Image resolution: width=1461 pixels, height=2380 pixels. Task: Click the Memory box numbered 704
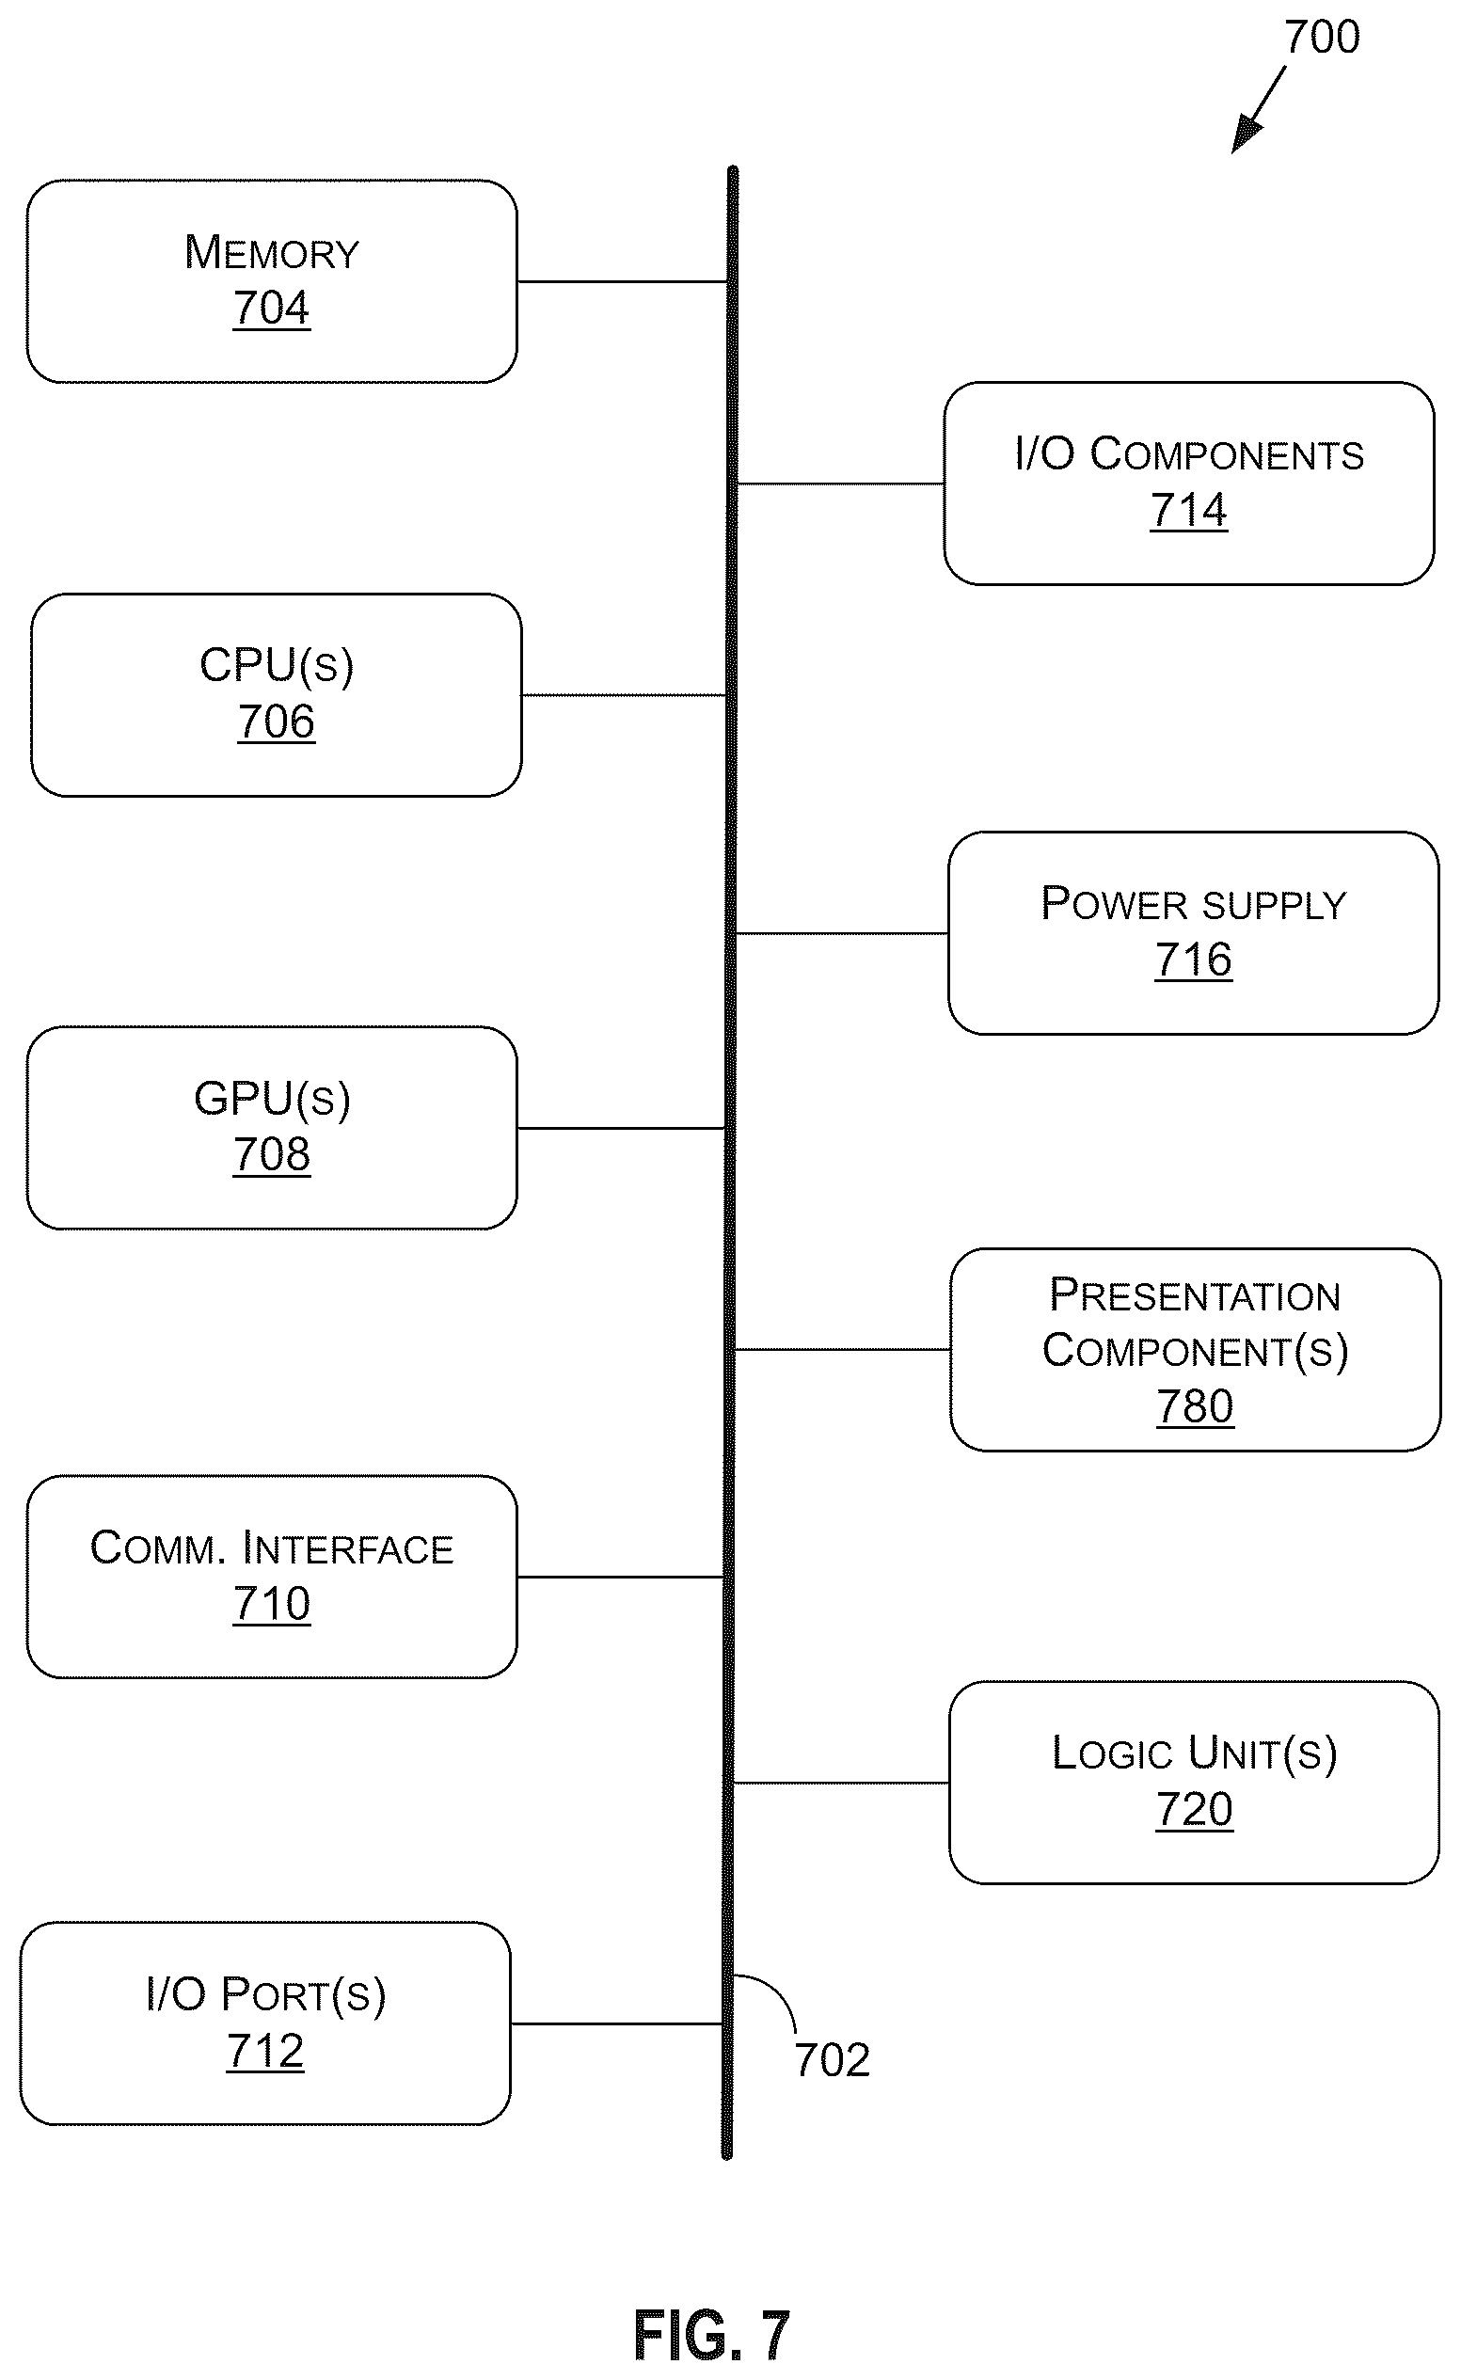click(272, 281)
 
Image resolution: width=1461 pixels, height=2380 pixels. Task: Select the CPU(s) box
click(277, 695)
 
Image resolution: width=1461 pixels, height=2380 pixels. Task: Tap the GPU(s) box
click(272, 1128)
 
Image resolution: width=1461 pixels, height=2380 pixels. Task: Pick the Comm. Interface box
click(272, 1577)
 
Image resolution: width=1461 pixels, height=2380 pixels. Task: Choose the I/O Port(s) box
click(264, 2023)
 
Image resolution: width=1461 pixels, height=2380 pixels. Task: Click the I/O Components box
click(1188, 484)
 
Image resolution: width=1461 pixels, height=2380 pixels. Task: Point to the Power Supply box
click(1193, 933)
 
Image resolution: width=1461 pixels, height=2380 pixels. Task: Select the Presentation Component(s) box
click(1196, 1349)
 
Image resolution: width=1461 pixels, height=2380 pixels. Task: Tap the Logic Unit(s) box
click(1195, 1783)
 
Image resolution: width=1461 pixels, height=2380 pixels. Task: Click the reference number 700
click(1322, 37)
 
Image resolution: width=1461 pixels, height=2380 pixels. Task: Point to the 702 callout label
click(832, 2060)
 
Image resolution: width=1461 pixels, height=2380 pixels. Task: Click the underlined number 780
click(1196, 1406)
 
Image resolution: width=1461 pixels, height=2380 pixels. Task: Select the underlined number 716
click(1193, 960)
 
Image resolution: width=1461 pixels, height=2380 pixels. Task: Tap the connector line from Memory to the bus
click(622, 282)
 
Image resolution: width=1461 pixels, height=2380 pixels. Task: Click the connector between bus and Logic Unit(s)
click(842, 1783)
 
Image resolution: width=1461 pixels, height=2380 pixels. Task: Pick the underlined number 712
click(264, 2051)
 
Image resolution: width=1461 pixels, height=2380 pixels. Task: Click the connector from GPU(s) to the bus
click(621, 1128)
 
